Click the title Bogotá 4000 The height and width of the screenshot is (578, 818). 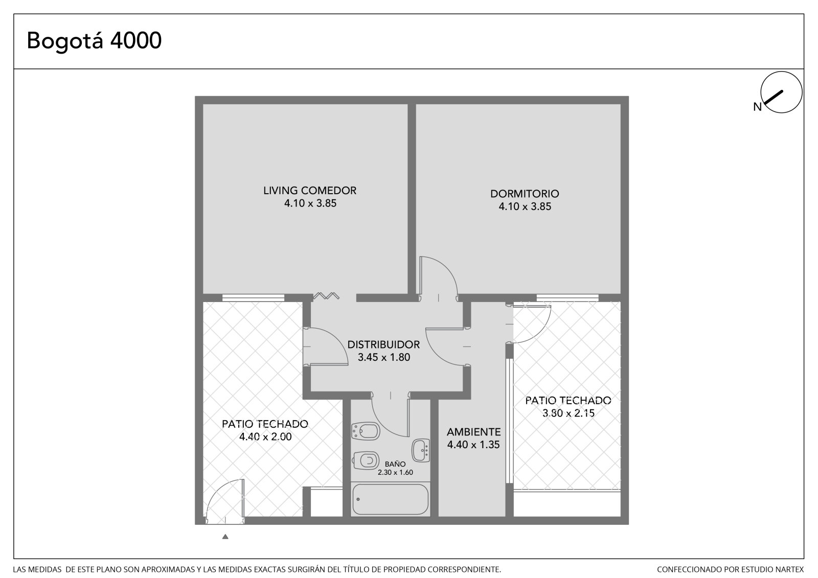(94, 40)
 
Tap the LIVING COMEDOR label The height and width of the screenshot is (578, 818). (310, 191)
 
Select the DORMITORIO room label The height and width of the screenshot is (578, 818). (525, 194)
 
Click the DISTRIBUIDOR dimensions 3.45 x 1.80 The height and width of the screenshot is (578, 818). (384, 357)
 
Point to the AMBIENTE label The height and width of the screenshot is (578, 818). (473, 432)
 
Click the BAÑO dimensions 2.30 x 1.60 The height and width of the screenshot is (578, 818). (395, 472)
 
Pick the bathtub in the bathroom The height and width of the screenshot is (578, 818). (391, 499)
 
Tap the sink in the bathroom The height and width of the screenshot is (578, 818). (421, 450)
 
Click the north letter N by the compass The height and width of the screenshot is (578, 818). (757, 107)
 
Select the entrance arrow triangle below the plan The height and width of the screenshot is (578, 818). (225, 537)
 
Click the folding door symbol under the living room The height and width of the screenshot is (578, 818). (326, 296)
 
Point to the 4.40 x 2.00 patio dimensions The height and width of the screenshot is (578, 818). (265, 437)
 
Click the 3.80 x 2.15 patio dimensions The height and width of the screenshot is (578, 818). (568, 413)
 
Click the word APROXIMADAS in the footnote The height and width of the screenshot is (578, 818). (167, 569)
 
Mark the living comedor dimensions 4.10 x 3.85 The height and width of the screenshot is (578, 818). (310, 203)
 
